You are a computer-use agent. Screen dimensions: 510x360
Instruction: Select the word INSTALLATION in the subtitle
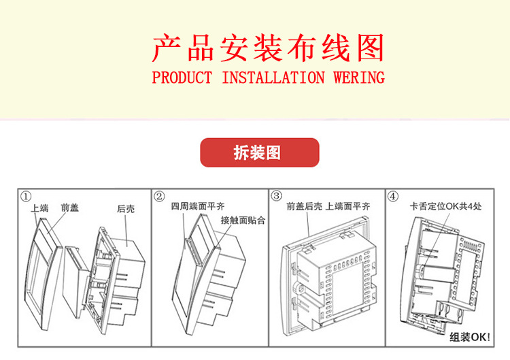273,78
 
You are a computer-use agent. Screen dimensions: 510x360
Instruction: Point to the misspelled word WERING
359,78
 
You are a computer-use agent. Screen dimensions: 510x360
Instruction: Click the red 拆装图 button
259,152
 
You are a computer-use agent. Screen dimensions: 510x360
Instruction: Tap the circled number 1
26,197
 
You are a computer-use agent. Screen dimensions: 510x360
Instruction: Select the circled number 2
160,197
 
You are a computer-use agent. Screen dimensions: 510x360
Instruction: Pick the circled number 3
277,196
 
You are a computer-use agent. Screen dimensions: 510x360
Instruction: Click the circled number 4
393,197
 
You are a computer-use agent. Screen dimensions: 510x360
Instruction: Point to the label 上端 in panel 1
39,210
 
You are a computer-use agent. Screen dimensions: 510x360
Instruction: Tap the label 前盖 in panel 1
69,208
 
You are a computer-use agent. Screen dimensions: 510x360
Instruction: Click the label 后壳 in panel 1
126,209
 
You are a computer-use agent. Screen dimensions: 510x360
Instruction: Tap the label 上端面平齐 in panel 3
347,206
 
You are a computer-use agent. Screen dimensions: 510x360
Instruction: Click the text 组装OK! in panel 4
469,336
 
